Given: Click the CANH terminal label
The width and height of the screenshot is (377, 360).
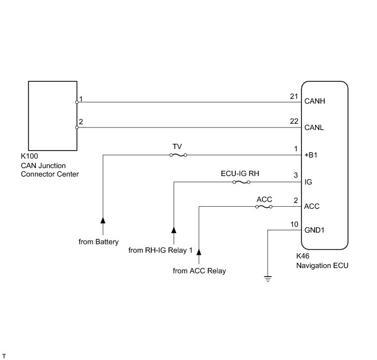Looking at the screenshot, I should point(314,102).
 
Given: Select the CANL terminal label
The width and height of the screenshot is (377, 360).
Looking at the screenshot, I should point(314,127).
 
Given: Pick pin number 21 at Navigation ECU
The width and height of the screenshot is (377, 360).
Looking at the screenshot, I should point(295,96).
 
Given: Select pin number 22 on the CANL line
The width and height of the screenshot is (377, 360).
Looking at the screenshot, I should point(295,122).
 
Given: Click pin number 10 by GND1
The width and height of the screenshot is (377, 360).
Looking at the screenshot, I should point(295,224).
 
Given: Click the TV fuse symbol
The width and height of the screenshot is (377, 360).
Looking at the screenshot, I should point(178,155).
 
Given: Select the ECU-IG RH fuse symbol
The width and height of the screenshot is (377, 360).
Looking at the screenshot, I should point(241,182).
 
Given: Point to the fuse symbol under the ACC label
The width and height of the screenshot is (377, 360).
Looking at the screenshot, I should point(264,207).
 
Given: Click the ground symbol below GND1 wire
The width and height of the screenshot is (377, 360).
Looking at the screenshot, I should point(268,278).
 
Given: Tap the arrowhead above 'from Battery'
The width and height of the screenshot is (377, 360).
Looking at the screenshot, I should point(103,219).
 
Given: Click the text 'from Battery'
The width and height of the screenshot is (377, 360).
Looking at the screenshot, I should point(98,242).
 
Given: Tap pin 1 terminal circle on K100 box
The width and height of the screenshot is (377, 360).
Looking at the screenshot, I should point(77,102).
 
